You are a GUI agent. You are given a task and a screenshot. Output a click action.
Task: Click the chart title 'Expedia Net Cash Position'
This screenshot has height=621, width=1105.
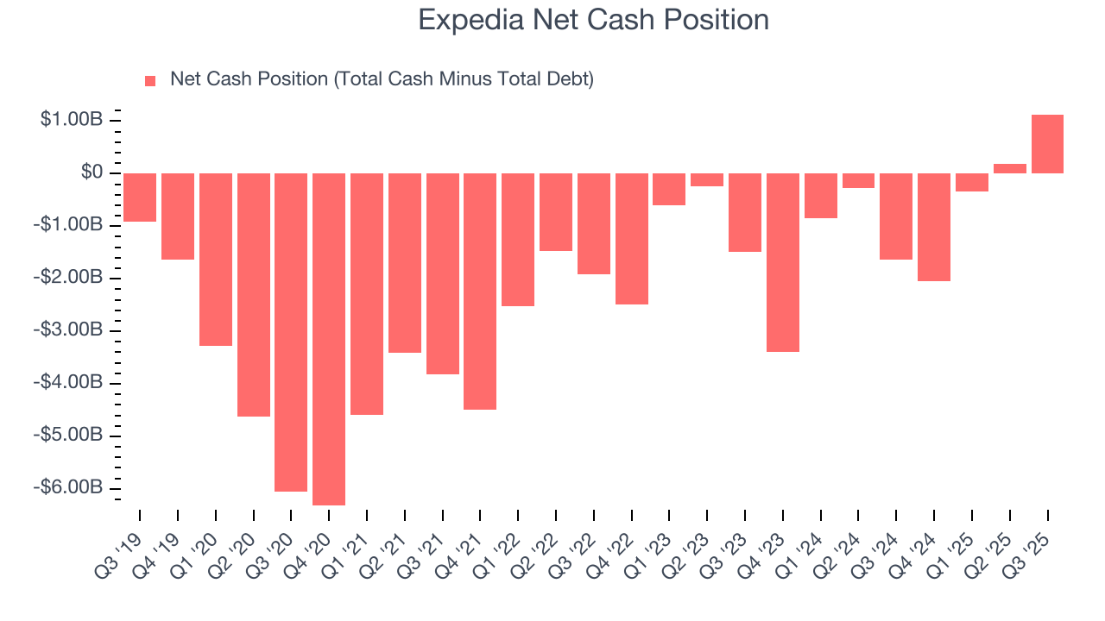593,20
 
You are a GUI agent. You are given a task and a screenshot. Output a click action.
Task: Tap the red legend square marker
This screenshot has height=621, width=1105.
150,80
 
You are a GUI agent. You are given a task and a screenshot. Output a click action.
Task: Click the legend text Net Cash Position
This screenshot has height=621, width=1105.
382,79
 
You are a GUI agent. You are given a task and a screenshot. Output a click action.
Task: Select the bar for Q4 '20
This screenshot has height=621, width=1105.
329,339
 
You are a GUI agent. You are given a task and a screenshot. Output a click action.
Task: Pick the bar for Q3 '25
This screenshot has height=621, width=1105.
1047,144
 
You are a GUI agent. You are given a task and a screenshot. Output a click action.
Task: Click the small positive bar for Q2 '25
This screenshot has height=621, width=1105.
1009,168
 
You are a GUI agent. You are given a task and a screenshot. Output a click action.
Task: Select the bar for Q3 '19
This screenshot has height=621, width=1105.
140,198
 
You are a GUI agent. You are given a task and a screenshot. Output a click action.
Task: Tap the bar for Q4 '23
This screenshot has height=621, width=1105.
783,262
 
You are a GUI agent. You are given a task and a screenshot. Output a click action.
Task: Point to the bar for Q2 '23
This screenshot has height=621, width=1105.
707,179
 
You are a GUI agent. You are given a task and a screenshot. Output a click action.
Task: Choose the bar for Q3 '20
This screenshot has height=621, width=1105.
291,332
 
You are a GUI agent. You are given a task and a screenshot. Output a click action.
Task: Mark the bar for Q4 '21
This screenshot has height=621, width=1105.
480,292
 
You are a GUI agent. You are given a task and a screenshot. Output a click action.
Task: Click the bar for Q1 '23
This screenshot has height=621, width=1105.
669,189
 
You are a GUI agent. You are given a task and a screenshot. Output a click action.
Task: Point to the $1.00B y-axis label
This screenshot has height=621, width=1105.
72,120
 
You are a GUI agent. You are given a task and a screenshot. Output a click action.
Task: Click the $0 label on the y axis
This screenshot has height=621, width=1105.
92,172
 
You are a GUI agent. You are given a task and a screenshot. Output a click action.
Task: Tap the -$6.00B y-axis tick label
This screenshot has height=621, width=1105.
69,487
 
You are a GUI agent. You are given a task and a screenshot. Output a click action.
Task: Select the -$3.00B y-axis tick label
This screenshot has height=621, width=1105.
69,330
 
